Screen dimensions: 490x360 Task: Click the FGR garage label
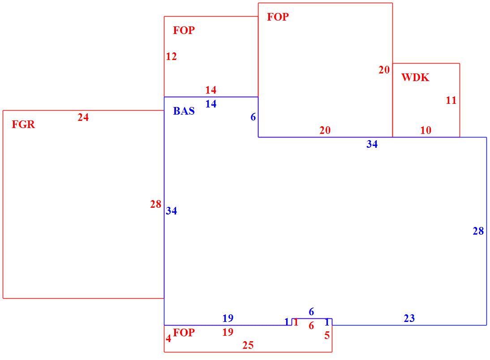[23, 124]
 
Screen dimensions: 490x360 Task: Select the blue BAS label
[184, 111]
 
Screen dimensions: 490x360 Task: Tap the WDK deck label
[415, 77]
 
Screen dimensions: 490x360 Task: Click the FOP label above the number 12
[184, 30]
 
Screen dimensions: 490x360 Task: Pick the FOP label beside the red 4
[184, 333]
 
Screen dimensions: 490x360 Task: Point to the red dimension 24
[83, 117]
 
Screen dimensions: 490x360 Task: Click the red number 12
[171, 56]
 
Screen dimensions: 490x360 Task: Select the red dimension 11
[451, 100]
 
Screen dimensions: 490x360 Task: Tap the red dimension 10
[426, 130]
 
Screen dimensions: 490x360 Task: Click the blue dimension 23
[409, 318]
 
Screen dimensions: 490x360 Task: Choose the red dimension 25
[248, 345]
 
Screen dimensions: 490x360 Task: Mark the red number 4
[168, 339]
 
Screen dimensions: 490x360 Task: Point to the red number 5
[327, 335]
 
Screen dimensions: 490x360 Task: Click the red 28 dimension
[155, 204]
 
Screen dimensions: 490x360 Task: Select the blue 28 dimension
[478, 231]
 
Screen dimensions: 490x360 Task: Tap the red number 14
[211, 90]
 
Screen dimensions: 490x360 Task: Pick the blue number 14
[211, 104]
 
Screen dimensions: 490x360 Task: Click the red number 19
[228, 332]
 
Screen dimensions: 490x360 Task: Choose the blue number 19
[228, 318]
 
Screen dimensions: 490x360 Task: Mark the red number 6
[311, 326]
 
